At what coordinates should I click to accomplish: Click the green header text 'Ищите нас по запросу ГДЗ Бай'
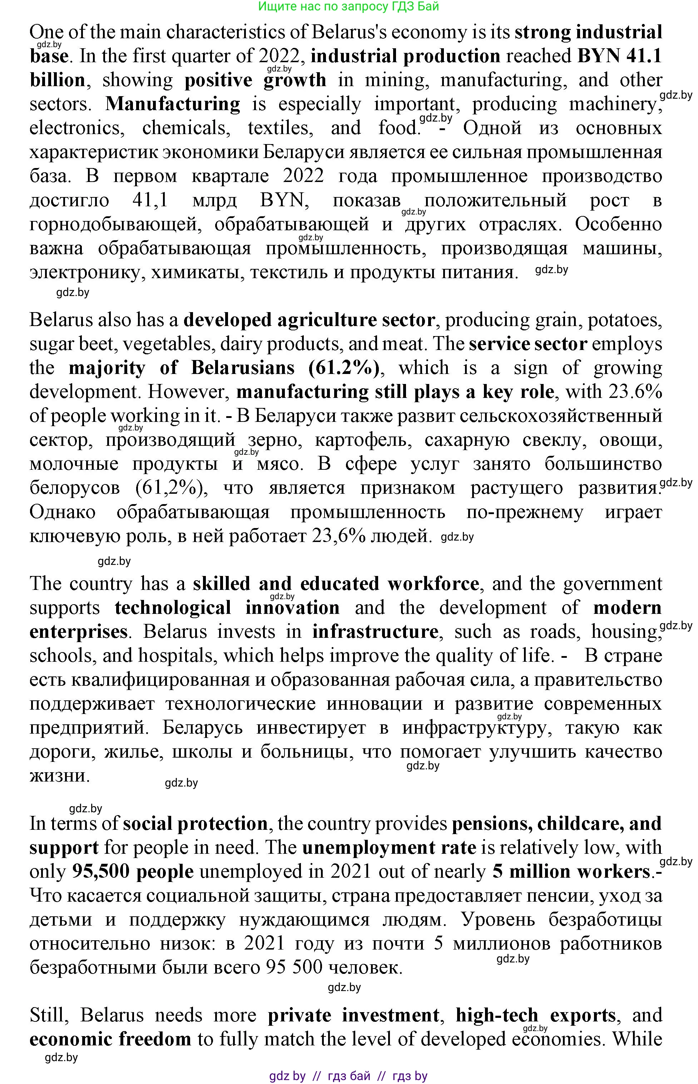tap(348, 6)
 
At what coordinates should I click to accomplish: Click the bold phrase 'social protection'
tap(195, 824)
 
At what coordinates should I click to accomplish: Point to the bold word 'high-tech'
tap(497, 1016)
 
